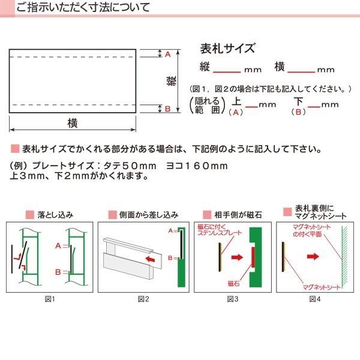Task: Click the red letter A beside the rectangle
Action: click(168, 54)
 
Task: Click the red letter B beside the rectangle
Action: click(168, 109)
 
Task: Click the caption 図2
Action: click(143, 298)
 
